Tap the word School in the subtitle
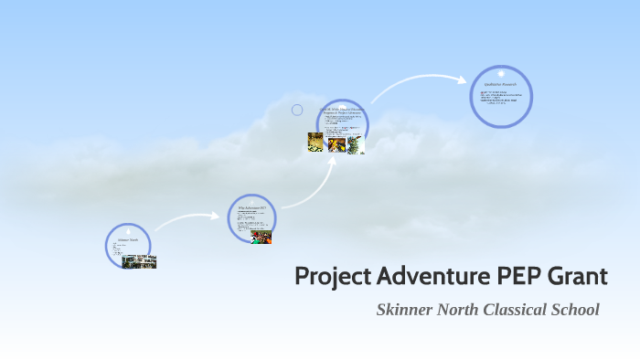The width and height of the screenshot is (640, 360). (576, 310)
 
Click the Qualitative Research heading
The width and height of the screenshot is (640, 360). (501, 84)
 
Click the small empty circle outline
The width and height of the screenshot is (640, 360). (297, 111)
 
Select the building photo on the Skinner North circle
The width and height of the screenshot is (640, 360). (139, 261)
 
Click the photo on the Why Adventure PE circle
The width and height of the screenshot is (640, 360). (261, 237)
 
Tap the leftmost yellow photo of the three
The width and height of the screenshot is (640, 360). (315, 143)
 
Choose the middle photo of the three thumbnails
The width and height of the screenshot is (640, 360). (336, 144)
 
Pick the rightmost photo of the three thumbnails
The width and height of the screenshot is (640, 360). (355, 144)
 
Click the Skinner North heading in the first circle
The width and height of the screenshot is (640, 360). (127, 240)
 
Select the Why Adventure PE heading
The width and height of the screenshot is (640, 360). (251, 208)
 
